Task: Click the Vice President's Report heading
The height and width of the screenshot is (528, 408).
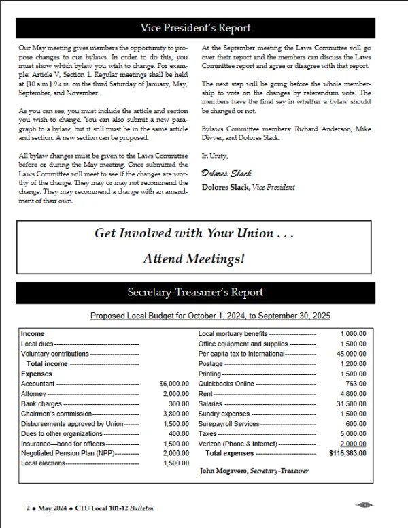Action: click(x=195, y=28)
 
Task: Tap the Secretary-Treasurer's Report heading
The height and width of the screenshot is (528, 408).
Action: click(x=195, y=293)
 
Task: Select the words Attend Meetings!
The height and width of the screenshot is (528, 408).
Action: click(x=194, y=259)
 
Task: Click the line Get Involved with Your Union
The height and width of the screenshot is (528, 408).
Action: click(x=194, y=233)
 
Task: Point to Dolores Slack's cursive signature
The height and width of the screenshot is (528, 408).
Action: click(x=222, y=174)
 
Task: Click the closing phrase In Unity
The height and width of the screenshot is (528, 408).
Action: click(x=215, y=156)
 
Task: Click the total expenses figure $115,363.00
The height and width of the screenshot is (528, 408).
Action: click(x=347, y=452)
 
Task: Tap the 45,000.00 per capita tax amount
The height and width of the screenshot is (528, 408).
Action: click(x=352, y=354)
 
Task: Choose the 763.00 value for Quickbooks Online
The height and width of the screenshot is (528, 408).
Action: click(x=356, y=384)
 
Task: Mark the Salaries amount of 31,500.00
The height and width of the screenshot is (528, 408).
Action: click(x=352, y=403)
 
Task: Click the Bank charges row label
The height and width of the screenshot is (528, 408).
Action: click(x=41, y=403)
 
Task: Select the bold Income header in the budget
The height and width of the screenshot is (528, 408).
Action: click(x=33, y=334)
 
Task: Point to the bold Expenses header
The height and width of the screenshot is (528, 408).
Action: click(x=37, y=374)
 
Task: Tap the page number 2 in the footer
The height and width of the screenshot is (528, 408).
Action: click(x=28, y=508)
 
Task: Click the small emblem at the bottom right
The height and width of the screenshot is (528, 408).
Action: click(x=364, y=505)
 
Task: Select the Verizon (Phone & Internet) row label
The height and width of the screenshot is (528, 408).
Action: click(x=237, y=443)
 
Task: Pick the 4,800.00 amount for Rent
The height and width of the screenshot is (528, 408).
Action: click(x=353, y=393)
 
